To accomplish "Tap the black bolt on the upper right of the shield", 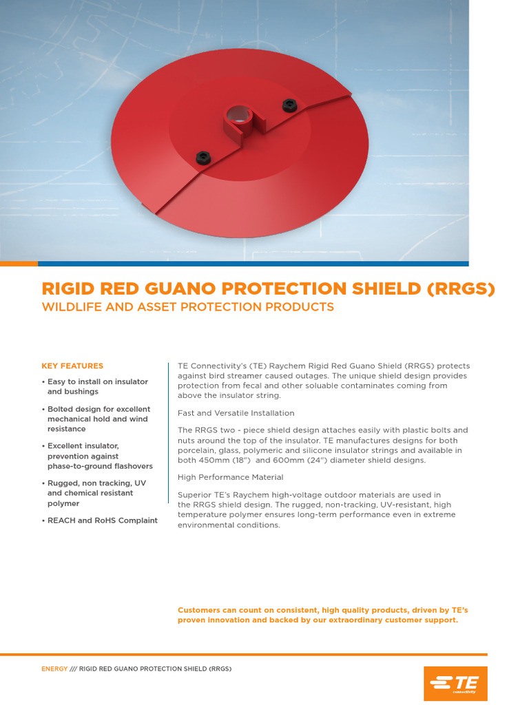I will pos(289,105).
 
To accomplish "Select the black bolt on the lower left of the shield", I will pos(203,158).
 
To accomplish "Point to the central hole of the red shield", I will pos(238,113).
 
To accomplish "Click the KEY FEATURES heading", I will pos(72,366).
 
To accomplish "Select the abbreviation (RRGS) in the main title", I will pos(461,288).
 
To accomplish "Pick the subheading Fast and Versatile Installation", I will pos(236,413).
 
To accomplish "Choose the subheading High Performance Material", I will pos(230,477).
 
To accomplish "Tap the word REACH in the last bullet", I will pos(61,520).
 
